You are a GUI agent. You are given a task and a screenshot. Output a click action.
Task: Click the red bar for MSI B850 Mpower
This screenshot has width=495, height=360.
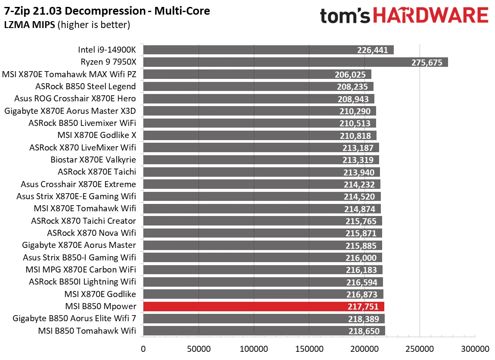click(x=263, y=307)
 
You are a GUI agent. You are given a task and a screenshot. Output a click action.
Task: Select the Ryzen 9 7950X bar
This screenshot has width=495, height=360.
click(x=295, y=62)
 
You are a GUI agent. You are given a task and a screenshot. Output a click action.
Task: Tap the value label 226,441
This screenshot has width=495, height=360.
click(x=373, y=50)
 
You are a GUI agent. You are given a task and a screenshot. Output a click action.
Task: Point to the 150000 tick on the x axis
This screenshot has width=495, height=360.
click(x=309, y=348)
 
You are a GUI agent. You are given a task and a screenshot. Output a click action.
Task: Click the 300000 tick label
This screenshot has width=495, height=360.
click(x=475, y=348)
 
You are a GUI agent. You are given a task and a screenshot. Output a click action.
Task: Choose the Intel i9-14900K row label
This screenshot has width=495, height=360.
click(x=107, y=50)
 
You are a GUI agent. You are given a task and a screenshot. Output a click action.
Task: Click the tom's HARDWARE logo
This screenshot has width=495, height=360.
click(x=404, y=16)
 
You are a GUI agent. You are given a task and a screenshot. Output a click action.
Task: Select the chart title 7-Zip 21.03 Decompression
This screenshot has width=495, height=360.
click(x=107, y=11)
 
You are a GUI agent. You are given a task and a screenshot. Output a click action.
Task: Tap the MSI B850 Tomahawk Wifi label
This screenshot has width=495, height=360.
click(x=87, y=331)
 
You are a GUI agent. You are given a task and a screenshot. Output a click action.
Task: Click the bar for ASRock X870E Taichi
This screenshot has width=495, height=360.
click(x=261, y=172)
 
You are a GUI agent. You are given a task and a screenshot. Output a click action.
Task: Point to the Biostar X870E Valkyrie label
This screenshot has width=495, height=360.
click(x=93, y=160)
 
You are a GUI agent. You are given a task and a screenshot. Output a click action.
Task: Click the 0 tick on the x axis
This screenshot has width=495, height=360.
click(x=143, y=348)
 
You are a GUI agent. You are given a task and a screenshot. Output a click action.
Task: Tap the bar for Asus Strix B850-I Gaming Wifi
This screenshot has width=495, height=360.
click(x=262, y=257)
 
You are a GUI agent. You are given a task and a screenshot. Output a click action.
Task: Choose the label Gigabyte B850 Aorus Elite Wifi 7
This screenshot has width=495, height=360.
click(x=74, y=319)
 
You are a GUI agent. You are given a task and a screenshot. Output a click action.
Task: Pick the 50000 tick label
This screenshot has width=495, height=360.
click(x=198, y=348)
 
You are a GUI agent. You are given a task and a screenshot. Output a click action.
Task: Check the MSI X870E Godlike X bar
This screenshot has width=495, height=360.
click(x=259, y=135)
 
